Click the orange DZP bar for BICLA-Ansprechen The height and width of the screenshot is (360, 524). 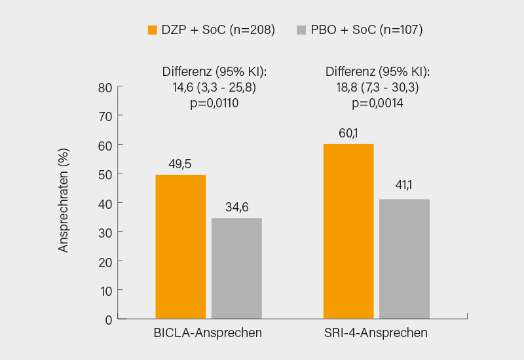[180, 247]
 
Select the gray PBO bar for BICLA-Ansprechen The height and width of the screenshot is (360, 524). [236, 268]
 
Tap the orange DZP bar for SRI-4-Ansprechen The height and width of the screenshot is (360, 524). [348, 231]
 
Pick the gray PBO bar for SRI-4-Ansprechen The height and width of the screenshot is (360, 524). [404, 259]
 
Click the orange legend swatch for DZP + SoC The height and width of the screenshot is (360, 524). [153, 29]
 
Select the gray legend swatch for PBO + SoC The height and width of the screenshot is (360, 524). [301, 29]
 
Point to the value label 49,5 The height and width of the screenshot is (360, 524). [181, 164]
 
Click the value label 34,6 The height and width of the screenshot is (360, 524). [236, 207]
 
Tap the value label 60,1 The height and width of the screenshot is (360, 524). [348, 133]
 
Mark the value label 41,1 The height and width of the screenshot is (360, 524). [404, 188]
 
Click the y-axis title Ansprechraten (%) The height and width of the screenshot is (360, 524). [64, 200]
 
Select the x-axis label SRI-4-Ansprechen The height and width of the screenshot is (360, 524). [376, 333]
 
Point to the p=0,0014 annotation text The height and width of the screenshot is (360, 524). [377, 103]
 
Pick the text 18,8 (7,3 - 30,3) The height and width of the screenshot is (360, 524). [377, 87]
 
